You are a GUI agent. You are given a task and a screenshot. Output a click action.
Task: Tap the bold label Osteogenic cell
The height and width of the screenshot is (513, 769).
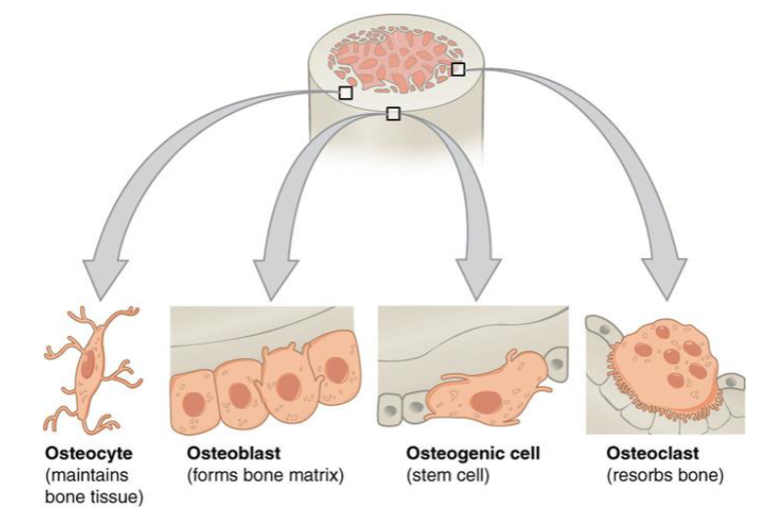coord(472,455)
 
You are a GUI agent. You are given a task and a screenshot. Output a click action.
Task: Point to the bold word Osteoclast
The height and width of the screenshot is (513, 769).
coord(645,455)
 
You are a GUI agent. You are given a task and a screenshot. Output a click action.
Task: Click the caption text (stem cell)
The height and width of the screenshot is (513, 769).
coord(444,476)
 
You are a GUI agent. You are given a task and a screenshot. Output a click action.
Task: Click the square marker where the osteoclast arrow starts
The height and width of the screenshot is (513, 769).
coord(458,69)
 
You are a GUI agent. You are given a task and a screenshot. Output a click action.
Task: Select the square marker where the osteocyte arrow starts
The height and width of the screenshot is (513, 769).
coord(345,92)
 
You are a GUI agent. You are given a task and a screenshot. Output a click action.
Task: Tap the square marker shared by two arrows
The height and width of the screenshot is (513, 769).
coord(393,114)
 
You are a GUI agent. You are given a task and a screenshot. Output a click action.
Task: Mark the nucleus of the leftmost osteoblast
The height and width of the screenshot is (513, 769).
coord(192,400)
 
